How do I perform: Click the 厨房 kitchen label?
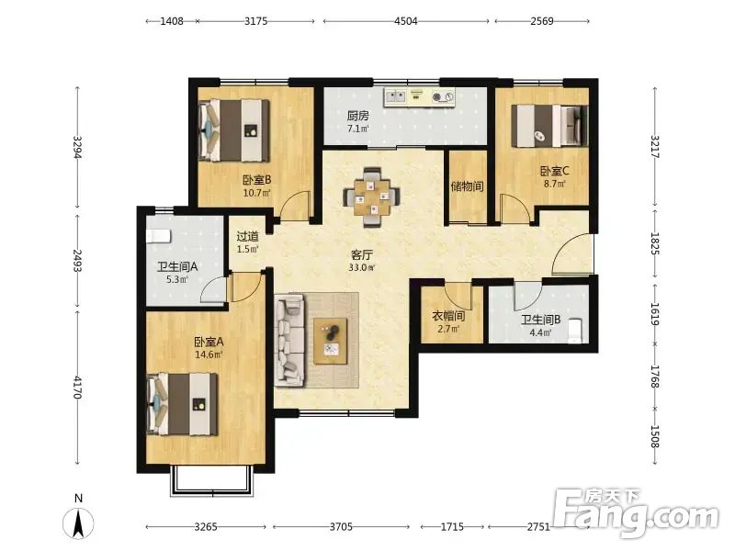[357, 116]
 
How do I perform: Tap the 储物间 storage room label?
[467, 186]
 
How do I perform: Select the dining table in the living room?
[372, 197]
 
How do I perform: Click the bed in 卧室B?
[234, 130]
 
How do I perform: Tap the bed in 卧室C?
[548, 126]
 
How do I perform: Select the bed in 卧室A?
[182, 404]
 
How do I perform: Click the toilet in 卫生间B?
[575, 331]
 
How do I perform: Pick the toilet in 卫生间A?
[158, 236]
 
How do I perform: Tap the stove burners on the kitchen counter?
[443, 97]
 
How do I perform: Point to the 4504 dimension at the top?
[405, 21]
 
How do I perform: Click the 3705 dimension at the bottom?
[341, 526]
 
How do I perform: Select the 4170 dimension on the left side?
[77, 387]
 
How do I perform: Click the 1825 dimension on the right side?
[655, 243]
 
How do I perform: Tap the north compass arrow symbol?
[78, 523]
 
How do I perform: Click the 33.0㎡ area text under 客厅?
[362, 267]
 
